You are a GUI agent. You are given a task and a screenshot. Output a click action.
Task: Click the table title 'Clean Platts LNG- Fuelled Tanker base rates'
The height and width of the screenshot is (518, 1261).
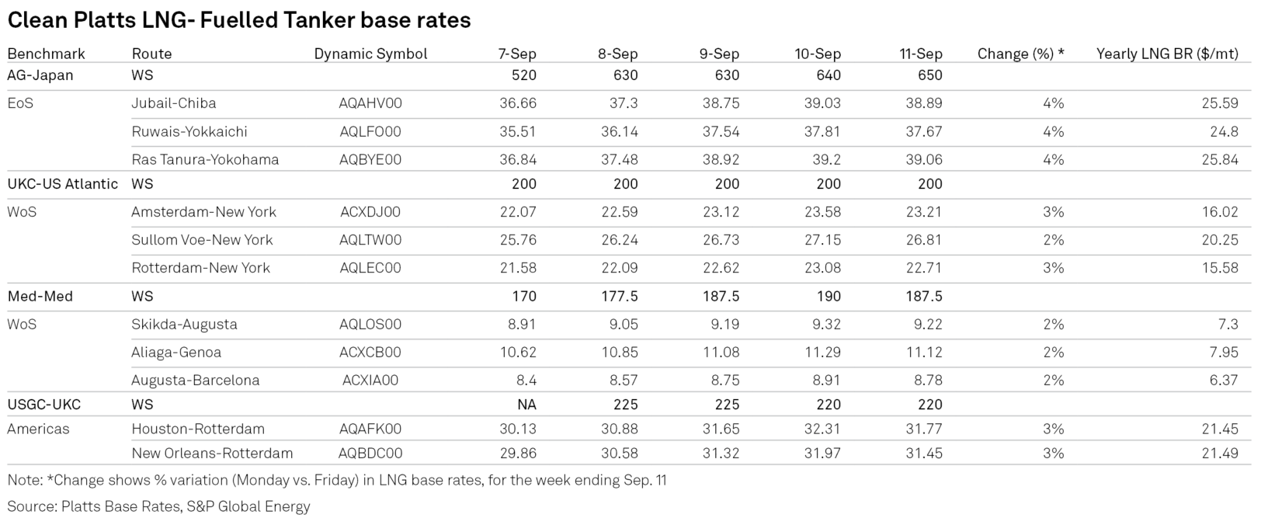pos(239,20)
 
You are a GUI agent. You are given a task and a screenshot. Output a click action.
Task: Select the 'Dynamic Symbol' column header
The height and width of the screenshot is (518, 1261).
pos(370,54)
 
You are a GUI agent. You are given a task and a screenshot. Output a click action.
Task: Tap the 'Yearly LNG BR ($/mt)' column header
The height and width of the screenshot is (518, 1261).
pos(1167,54)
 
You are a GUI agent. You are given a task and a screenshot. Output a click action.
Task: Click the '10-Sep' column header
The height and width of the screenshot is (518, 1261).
pos(818,54)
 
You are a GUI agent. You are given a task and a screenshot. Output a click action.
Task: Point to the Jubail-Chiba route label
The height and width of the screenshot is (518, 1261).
pos(173,103)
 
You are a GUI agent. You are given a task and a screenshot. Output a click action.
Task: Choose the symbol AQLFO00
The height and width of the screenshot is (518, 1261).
pos(370,132)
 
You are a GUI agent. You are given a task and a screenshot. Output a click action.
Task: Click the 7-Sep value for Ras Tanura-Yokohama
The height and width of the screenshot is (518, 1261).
pos(518,160)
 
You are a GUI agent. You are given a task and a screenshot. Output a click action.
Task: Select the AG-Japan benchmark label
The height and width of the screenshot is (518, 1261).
pos(40,75)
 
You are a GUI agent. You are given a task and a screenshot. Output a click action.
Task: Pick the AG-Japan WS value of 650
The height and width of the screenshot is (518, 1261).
pos(930,75)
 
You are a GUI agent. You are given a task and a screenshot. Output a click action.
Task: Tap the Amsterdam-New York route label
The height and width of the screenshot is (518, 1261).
pos(203,212)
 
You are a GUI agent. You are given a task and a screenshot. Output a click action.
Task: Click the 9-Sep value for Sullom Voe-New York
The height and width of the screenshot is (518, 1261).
pos(721,241)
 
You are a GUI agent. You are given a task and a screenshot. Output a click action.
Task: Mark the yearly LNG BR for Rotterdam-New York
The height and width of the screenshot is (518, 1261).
pos(1220,268)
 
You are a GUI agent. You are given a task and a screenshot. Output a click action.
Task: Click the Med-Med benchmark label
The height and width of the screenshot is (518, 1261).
pos(40,297)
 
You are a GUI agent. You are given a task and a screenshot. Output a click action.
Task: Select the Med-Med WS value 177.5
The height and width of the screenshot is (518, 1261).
pos(620,297)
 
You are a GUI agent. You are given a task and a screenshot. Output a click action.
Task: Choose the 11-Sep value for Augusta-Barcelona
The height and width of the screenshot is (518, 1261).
pos(927,381)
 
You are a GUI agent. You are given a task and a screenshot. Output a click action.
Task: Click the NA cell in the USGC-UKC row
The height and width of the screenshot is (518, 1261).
pos(526,405)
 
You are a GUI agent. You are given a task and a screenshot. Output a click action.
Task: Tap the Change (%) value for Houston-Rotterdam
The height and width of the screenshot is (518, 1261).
pos(1053,429)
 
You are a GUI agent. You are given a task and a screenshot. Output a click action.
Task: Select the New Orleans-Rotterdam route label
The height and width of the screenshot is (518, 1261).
pos(212,454)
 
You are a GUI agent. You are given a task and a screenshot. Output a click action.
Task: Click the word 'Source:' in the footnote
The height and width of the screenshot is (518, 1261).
pos(32,506)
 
